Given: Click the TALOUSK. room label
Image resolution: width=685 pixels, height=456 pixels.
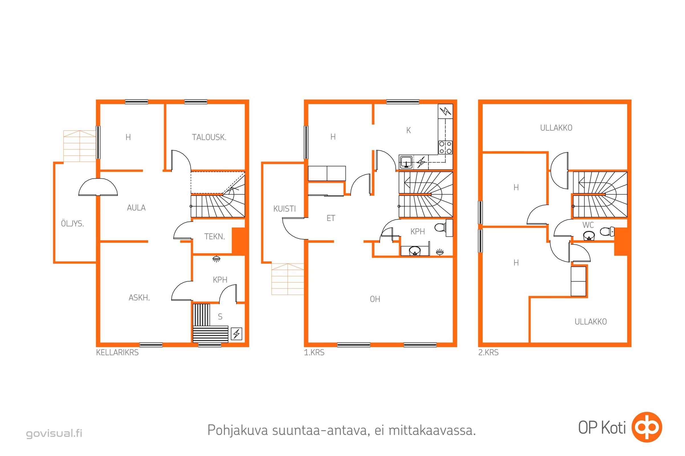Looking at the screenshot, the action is click(209, 137).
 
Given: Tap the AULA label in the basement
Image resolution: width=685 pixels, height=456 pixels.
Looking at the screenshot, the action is click(136, 208).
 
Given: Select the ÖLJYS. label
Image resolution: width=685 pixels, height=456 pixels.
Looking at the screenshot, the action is click(72, 223).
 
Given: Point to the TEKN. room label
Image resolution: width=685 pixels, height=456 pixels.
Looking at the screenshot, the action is click(214, 237).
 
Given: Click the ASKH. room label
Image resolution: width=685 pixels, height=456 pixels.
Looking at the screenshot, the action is click(139, 298).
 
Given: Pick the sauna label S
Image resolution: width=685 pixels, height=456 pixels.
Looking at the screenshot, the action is click(220, 316).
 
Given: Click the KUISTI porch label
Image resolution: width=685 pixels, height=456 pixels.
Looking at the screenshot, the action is click(285, 209).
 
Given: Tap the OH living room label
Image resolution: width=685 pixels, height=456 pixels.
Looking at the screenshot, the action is click(375, 299).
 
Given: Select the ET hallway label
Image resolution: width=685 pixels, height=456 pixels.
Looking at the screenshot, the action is click(331, 218).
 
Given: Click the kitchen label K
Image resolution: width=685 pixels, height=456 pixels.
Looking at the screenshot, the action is click(408, 130).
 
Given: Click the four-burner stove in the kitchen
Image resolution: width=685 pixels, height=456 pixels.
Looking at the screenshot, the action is click(445, 147).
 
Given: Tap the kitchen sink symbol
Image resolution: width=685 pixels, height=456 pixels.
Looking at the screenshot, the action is click(406, 162).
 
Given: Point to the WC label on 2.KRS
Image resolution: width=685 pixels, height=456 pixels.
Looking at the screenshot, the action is click(588, 225).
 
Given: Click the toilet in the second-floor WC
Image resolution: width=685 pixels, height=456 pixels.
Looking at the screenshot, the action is click(607, 231).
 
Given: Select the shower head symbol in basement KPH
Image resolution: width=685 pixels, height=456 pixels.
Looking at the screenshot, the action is click(216, 259).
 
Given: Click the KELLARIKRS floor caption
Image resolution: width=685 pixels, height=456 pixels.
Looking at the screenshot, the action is click(117, 353).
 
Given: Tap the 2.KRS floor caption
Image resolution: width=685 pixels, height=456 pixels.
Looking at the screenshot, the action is click(488, 353).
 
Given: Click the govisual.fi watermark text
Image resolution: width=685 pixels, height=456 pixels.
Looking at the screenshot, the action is click(54, 433).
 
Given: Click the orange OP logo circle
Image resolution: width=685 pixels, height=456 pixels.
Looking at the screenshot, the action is click(647, 427).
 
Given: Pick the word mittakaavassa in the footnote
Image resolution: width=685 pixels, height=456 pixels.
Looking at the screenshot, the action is click(432, 430).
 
